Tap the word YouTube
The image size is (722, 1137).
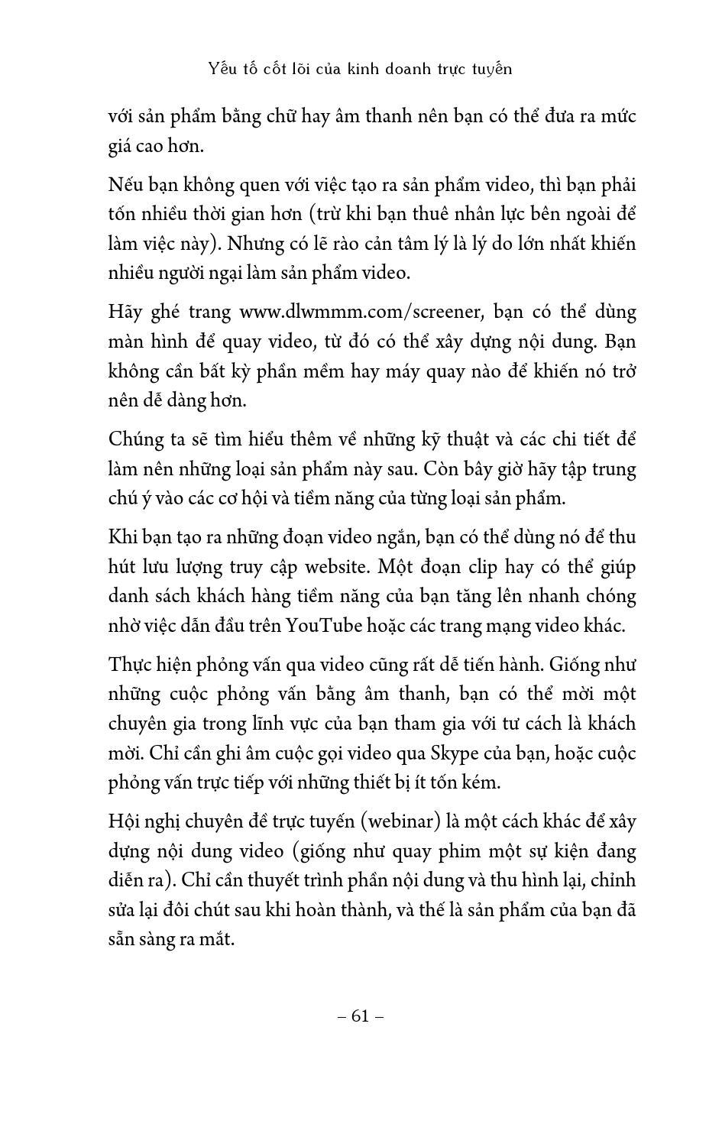tap(323, 626)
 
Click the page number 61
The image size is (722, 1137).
tap(361, 1016)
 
